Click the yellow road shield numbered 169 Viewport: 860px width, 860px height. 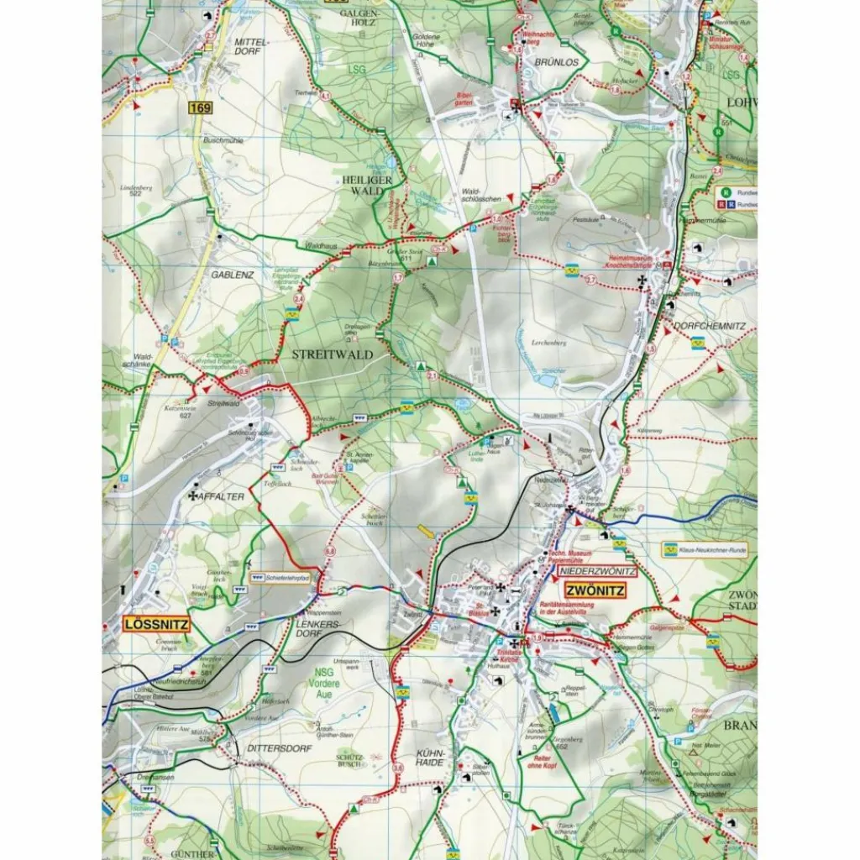click(199, 107)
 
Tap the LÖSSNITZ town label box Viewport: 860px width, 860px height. click(156, 624)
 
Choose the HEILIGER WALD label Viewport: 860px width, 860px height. click(361, 186)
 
